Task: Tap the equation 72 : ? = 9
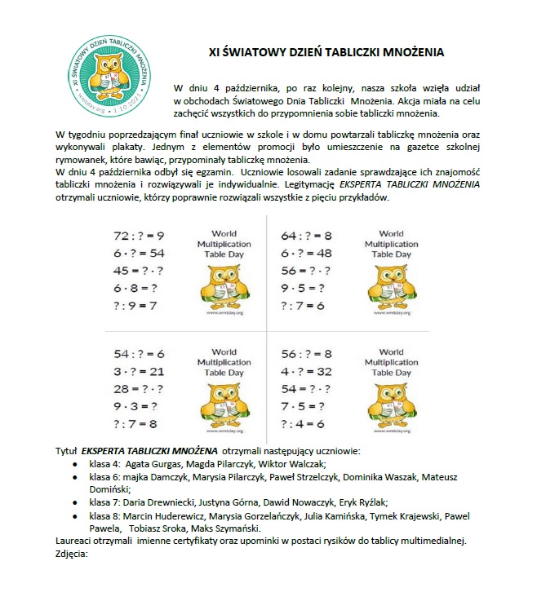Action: pyautogui.click(x=139, y=236)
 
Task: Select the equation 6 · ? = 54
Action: pyautogui.click(x=139, y=254)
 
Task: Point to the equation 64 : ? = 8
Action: pyautogui.click(x=306, y=236)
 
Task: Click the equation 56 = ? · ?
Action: pyautogui.click(x=305, y=271)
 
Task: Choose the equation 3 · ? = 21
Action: pyautogui.click(x=139, y=371)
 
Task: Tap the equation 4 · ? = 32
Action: pyautogui.click(x=306, y=371)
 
